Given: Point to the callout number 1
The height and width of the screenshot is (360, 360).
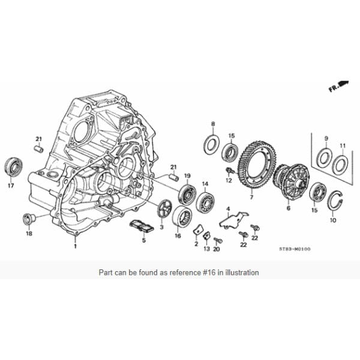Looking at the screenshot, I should (76, 245).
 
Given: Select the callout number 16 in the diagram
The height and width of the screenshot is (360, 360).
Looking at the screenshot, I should (178, 236).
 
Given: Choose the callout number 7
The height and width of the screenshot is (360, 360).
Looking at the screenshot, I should (251, 197).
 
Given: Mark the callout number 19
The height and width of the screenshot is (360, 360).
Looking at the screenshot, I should (187, 176).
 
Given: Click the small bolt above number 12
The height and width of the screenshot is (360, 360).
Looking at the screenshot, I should (229, 171).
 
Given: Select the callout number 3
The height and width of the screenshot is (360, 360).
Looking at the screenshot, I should (161, 227).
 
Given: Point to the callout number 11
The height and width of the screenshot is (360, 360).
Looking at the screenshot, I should (343, 146).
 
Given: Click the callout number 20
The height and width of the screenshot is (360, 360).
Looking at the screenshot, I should (217, 248).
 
